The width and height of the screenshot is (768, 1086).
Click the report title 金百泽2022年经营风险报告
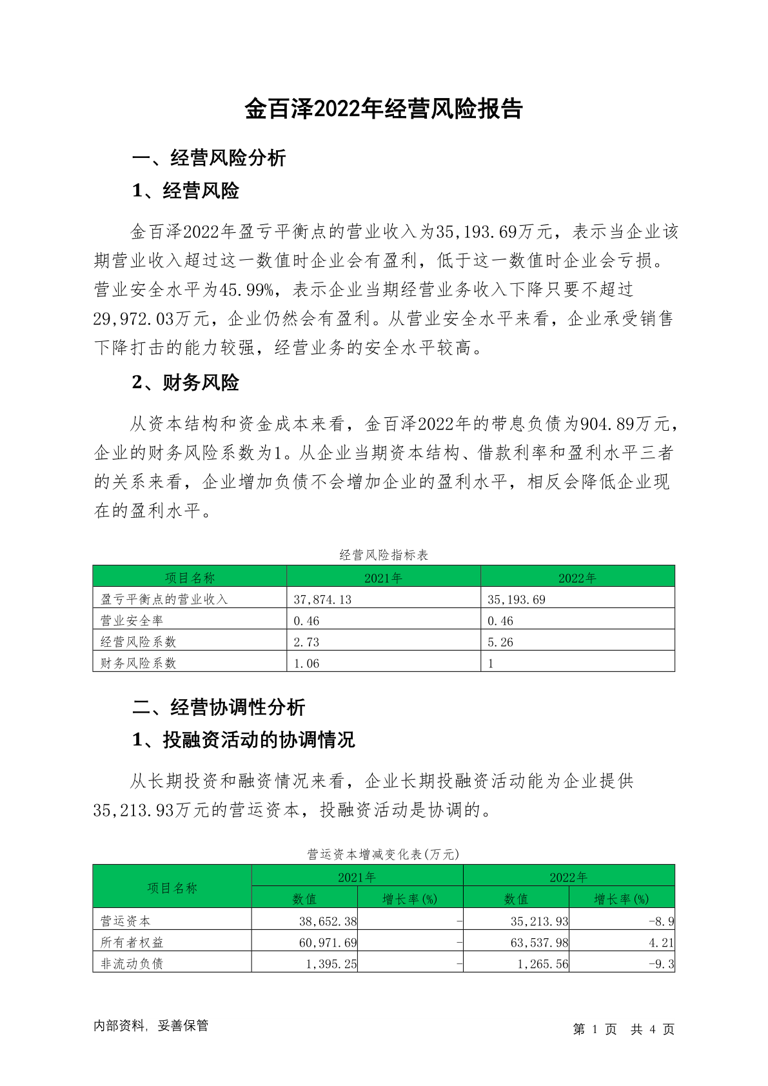click(383, 109)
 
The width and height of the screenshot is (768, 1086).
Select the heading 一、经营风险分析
click(209, 158)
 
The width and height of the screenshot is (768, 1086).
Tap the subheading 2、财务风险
click(185, 382)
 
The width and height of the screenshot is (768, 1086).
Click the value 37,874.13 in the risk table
click(322, 599)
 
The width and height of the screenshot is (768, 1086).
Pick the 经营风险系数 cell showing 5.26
click(500, 642)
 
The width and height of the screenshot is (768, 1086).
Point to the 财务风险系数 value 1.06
click(306, 663)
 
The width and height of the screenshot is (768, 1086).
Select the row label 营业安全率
click(132, 620)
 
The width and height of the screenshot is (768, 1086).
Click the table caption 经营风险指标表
click(384, 555)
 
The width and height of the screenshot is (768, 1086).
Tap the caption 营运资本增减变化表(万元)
click(384, 854)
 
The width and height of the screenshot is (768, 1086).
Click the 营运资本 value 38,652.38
click(328, 921)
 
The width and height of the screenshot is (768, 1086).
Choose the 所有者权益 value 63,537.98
click(539, 942)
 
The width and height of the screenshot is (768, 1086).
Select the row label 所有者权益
click(132, 942)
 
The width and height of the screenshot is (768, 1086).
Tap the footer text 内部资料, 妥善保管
click(151, 1025)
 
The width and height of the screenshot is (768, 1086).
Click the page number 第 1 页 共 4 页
click(623, 1029)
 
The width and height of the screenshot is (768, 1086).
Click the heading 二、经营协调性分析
click(219, 707)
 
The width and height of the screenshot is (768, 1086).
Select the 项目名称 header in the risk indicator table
click(190, 577)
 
